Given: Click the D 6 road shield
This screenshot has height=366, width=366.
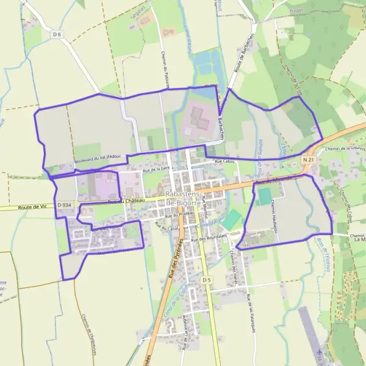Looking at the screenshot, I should coord(57,35).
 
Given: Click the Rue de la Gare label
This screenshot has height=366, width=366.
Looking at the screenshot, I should coord(156,169).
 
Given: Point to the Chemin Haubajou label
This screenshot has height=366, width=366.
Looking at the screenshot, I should coord(273,213).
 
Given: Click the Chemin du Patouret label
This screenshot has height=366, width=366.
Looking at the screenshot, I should coord(165,69).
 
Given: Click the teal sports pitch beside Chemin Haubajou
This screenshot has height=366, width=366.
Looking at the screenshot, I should coord(264,196).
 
